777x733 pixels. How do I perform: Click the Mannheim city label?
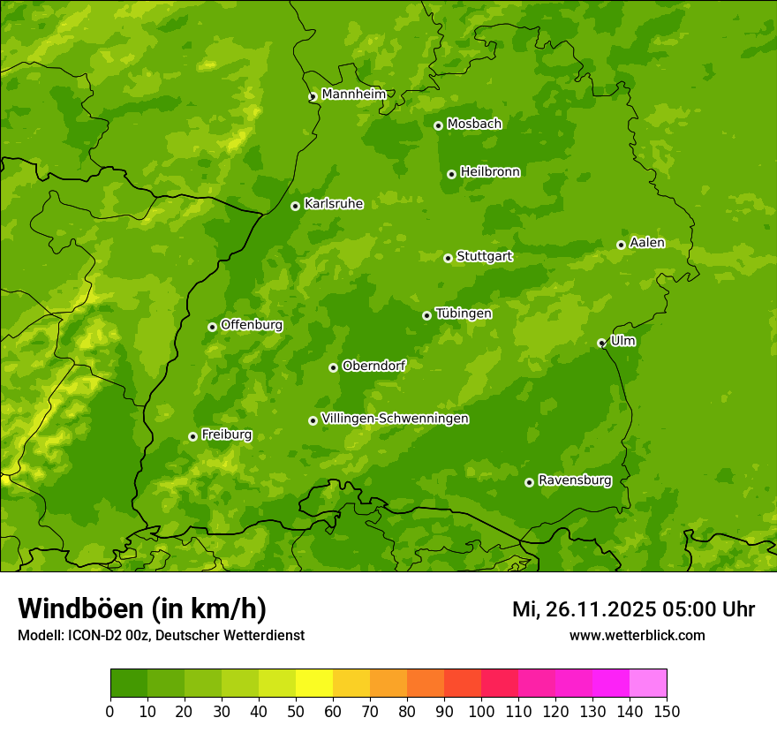[x=353, y=94]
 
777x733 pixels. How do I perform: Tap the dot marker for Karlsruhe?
[x=295, y=206]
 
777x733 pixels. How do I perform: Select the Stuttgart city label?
[x=484, y=257]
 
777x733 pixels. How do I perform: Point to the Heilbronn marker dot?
[x=451, y=174]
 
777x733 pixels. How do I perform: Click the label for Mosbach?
[x=474, y=125]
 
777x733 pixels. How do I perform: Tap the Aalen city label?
[x=647, y=243]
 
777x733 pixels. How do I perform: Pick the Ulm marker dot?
[x=601, y=343]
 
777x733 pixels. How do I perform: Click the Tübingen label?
[x=464, y=314]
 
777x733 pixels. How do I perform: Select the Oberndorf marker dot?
[x=333, y=367]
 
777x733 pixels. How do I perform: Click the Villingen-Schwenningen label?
[x=395, y=419]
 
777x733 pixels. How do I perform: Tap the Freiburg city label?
[x=226, y=435]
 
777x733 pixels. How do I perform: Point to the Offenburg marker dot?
[x=212, y=327]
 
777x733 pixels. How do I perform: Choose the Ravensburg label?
[x=575, y=480]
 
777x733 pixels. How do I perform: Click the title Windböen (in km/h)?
[x=142, y=608]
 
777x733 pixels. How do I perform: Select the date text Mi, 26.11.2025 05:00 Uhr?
[x=633, y=609]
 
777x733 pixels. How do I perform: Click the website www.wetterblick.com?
[x=637, y=635]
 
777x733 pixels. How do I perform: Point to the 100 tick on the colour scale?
[x=481, y=711]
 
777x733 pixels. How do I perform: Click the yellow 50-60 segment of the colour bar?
[x=314, y=684]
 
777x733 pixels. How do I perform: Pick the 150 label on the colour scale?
[x=667, y=711]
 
